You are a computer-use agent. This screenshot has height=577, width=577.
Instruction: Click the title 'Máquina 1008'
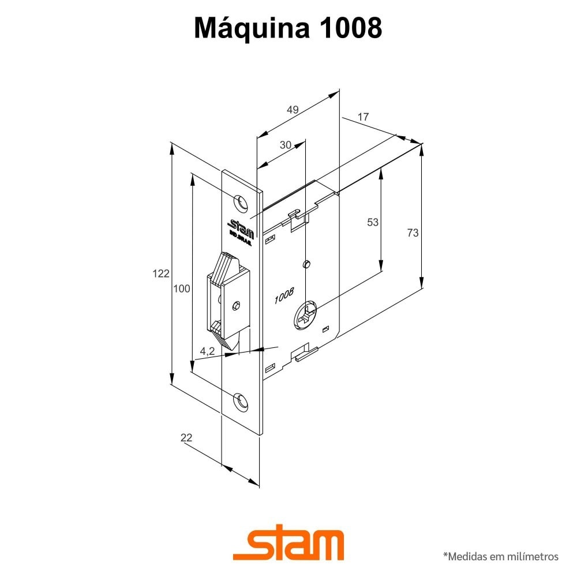pyautogui.click(x=288, y=28)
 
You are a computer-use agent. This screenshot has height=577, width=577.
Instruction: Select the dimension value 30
pyautogui.click(x=285, y=145)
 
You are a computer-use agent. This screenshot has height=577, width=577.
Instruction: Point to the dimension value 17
pyautogui.click(x=363, y=117)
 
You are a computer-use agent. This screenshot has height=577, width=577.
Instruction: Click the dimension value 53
pyautogui.click(x=373, y=222)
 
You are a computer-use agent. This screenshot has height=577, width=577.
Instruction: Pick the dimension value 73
pyautogui.click(x=412, y=233)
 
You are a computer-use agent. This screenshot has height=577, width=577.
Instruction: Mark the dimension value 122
pyautogui.click(x=161, y=273)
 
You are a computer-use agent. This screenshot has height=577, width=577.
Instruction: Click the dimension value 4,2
pyautogui.click(x=207, y=351)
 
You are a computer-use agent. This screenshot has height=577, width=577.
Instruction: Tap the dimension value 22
pyautogui.click(x=186, y=438)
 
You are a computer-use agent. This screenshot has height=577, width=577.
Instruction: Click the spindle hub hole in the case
pyautogui.click(x=306, y=314)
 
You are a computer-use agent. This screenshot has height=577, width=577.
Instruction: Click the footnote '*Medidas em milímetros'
pyautogui.click(x=500, y=557)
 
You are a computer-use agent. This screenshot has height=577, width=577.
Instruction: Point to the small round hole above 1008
pyautogui.click(x=306, y=264)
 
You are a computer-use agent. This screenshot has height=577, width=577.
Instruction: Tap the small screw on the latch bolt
pyautogui.click(x=234, y=305)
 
